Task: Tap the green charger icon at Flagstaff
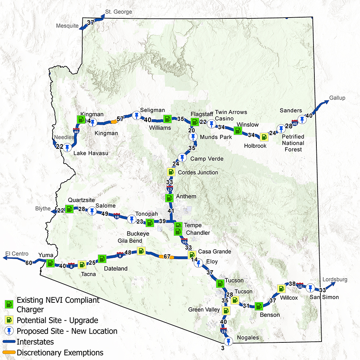click(195, 122)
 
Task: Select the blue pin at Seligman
click(137, 116)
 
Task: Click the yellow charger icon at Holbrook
click(264, 137)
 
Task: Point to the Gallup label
click(337, 98)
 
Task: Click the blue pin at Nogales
click(228, 341)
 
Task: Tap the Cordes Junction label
click(198, 172)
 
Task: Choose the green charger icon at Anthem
click(170, 198)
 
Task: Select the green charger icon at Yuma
click(50, 263)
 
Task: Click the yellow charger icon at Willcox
click(282, 288)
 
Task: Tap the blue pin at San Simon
click(310, 288)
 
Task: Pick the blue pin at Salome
click(92, 211)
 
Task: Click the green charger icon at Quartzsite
click(70, 208)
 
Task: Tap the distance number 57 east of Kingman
click(120, 119)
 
